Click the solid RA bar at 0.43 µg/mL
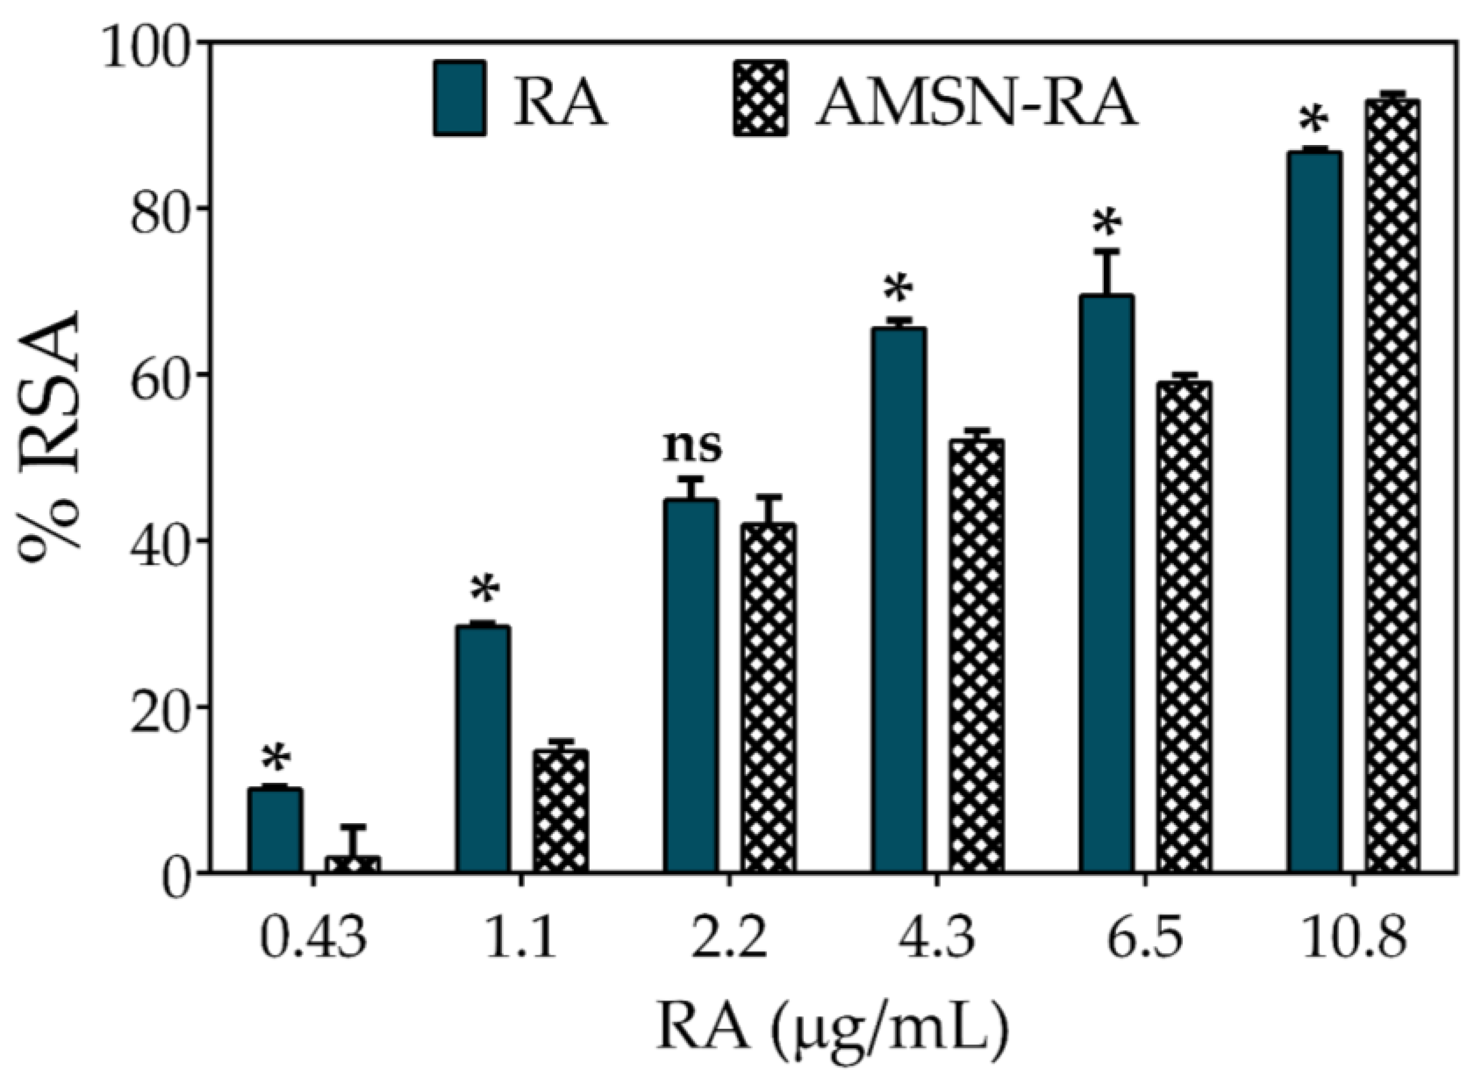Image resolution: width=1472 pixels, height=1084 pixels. [x=275, y=830]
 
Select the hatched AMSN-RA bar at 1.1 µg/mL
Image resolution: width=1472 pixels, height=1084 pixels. [x=560, y=811]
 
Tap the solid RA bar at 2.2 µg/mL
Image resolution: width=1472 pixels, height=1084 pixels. [x=691, y=686]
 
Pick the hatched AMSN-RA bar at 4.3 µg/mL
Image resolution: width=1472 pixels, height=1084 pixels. [x=976, y=656]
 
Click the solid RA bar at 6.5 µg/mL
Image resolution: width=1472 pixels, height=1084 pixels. [x=1107, y=584]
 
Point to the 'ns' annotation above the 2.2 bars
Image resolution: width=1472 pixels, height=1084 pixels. [x=692, y=446]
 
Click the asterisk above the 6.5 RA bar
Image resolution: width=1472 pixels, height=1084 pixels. [x=1107, y=223]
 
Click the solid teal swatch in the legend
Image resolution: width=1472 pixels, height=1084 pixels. [x=460, y=98]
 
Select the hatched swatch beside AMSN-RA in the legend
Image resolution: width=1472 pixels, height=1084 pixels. [x=761, y=98]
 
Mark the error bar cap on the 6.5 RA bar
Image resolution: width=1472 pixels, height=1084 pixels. [x=1107, y=250]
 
